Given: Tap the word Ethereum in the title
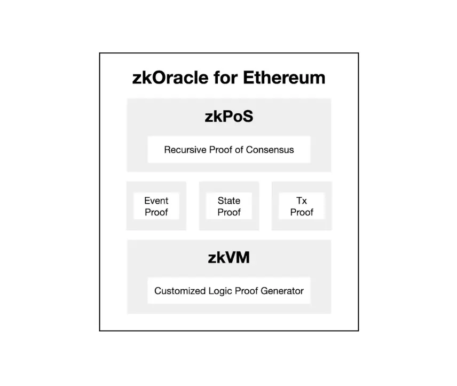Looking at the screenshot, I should click(x=284, y=78).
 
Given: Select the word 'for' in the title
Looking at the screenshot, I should click(x=224, y=78).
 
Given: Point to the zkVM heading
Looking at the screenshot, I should click(x=228, y=258).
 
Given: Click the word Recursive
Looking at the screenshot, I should click(x=185, y=150).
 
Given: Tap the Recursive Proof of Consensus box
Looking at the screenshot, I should click(x=228, y=150).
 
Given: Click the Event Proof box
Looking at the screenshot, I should click(x=156, y=206).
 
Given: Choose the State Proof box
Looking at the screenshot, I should click(x=228, y=206).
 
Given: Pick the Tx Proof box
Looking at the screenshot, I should click(x=302, y=206).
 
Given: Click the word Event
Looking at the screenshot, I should click(x=156, y=201).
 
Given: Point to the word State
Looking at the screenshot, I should click(x=228, y=201).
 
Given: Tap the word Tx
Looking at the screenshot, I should click(x=302, y=201).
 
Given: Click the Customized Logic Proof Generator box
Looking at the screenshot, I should click(x=228, y=291).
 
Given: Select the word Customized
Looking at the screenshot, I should click(x=179, y=291).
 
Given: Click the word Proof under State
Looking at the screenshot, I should click(x=228, y=212).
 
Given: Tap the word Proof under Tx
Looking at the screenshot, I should click(x=302, y=212).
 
